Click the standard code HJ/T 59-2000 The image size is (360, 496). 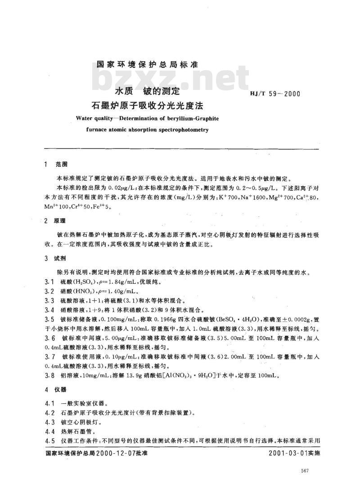(274, 94)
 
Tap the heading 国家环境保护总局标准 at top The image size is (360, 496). (147, 64)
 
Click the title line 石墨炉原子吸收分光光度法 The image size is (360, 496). (147, 107)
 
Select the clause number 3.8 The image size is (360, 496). (49, 375)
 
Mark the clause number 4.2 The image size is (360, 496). (49, 412)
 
